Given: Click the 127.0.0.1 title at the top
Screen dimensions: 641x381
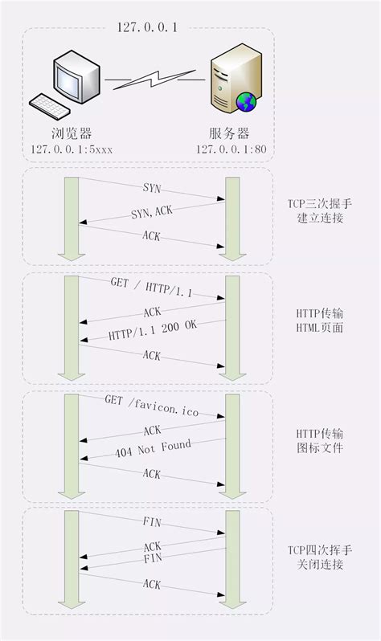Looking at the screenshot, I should pyautogui.click(x=147, y=27).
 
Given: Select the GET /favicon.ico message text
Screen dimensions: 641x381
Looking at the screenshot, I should pyautogui.click(x=150, y=405).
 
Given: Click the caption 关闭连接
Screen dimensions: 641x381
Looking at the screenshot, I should pyautogui.click(x=321, y=564).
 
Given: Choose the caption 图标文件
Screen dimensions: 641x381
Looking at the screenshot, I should pyautogui.click(x=321, y=447).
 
